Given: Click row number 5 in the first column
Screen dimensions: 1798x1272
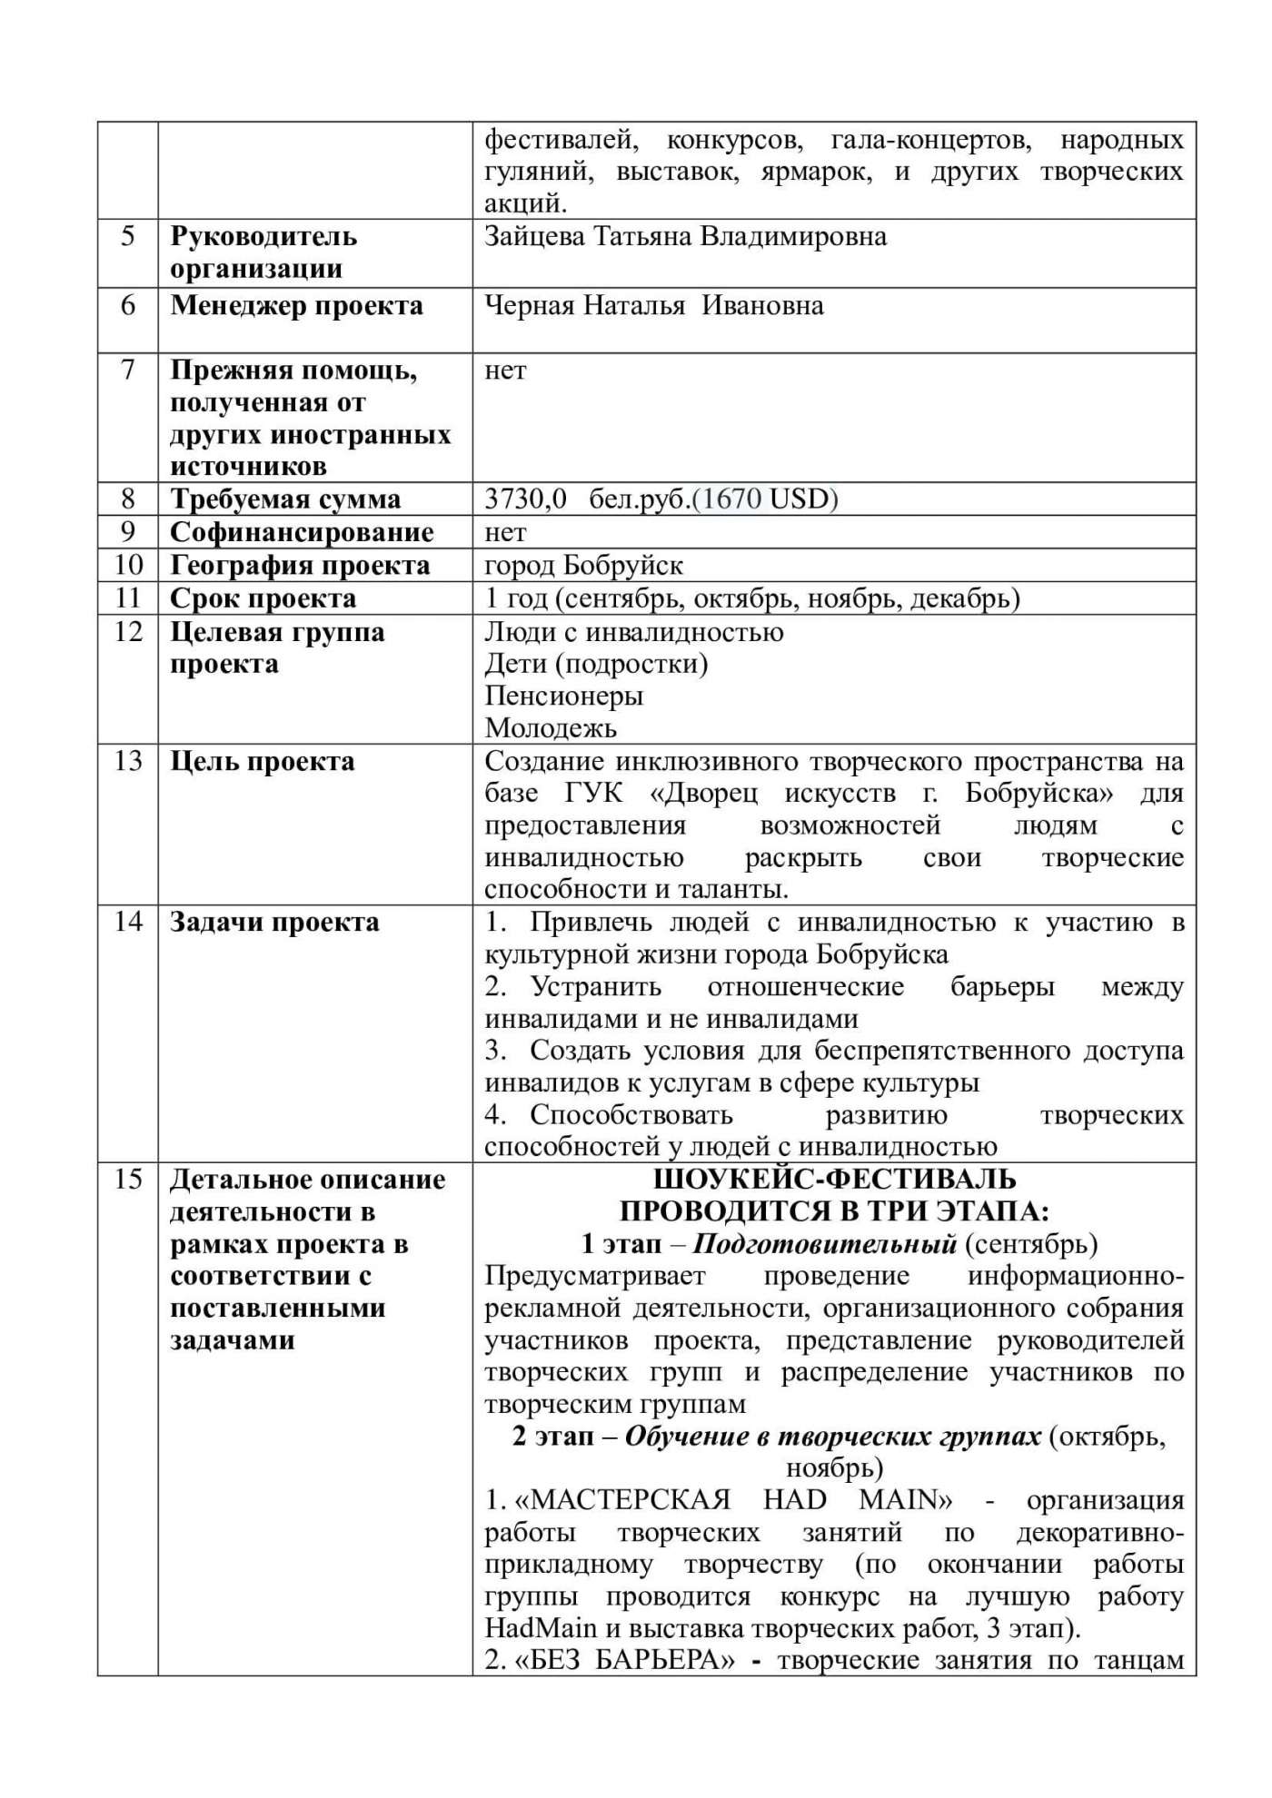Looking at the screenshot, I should (x=127, y=237).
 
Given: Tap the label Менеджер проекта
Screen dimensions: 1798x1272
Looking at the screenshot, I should (x=296, y=306).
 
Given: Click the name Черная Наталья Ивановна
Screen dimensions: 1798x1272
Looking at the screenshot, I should (x=653, y=306).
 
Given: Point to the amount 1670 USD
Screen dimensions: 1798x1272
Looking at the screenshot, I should (x=765, y=499).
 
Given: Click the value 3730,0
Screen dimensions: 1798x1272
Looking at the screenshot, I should (x=525, y=499).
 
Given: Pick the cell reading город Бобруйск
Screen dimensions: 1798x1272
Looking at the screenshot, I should (x=583, y=566).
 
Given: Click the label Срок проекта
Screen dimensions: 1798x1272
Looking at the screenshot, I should (x=263, y=599).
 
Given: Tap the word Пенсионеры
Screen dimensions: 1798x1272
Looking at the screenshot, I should (x=563, y=696).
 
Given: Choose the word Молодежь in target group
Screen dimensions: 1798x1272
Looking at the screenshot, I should (x=551, y=728).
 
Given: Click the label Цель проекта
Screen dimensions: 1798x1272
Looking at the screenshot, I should (x=262, y=761).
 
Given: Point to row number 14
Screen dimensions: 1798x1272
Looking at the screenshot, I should (x=127, y=922).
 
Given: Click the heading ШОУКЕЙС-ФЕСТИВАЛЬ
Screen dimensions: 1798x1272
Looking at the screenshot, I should (x=834, y=1180).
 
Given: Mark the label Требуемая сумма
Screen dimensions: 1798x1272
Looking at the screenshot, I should (x=285, y=499).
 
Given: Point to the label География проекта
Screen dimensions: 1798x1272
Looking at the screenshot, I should (x=300, y=566).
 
